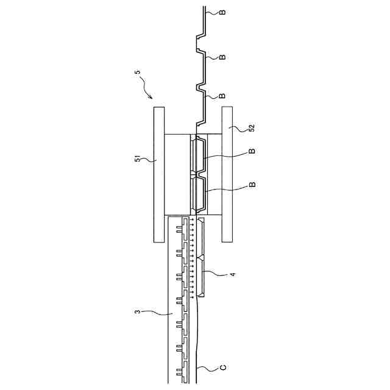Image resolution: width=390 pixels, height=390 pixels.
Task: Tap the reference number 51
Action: (x=138, y=160)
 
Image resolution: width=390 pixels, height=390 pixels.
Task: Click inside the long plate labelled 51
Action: (x=159, y=174)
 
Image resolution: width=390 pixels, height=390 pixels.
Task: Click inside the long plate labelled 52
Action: (x=227, y=174)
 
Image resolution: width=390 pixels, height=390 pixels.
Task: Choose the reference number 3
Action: (x=138, y=313)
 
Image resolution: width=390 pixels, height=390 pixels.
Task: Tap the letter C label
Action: (x=223, y=367)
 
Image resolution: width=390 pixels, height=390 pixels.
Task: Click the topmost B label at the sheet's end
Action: (x=222, y=12)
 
